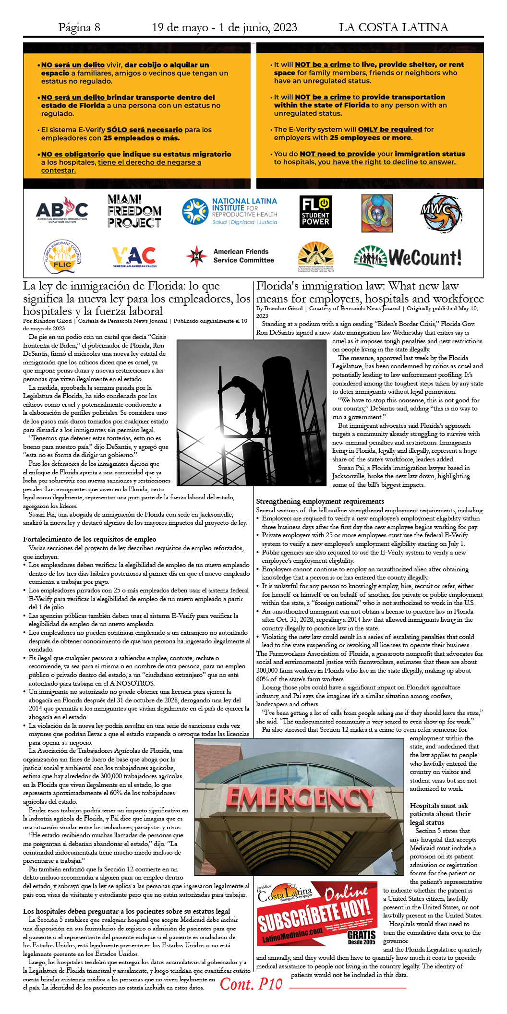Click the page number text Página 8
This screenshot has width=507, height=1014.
pyautogui.click(x=79, y=27)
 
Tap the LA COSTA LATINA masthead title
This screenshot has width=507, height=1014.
pyautogui.click(x=393, y=27)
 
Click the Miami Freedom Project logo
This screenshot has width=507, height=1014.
pyautogui.click(x=134, y=211)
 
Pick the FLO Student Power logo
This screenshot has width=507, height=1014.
pyautogui.click(x=315, y=211)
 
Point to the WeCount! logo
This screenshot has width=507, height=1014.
pyautogui.click(x=408, y=257)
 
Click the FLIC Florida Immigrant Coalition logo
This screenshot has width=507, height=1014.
pyautogui.click(x=62, y=257)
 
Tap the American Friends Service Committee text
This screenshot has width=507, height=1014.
pyautogui.click(x=243, y=256)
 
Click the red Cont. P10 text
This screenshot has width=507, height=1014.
pyautogui.click(x=251, y=984)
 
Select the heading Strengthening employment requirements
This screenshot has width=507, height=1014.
pyautogui.click(x=320, y=501)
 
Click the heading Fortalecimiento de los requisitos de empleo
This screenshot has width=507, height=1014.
pyautogui.click(x=90, y=539)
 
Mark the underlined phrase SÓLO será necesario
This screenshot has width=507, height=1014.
pyautogui.click(x=145, y=130)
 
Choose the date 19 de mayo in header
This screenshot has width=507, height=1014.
pyautogui.click(x=180, y=27)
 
